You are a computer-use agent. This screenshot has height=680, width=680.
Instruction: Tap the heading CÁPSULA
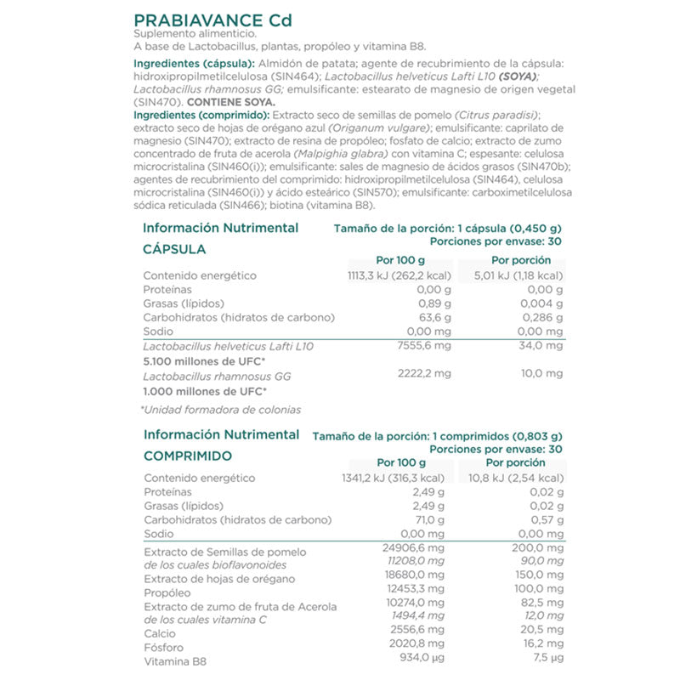pos(174,250)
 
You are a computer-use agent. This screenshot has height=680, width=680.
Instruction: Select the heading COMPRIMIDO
pos(188,456)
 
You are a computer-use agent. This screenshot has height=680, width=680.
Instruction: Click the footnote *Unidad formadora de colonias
pos(220,410)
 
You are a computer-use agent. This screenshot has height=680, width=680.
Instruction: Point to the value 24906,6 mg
pos(415,550)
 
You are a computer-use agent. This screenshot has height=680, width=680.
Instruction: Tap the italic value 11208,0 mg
pos(416,564)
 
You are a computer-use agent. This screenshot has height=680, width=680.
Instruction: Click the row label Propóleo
pos(167,592)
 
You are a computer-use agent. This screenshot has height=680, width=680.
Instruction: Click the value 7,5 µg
pos(547,660)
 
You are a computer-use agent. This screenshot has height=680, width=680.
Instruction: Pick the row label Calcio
pos(160,633)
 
